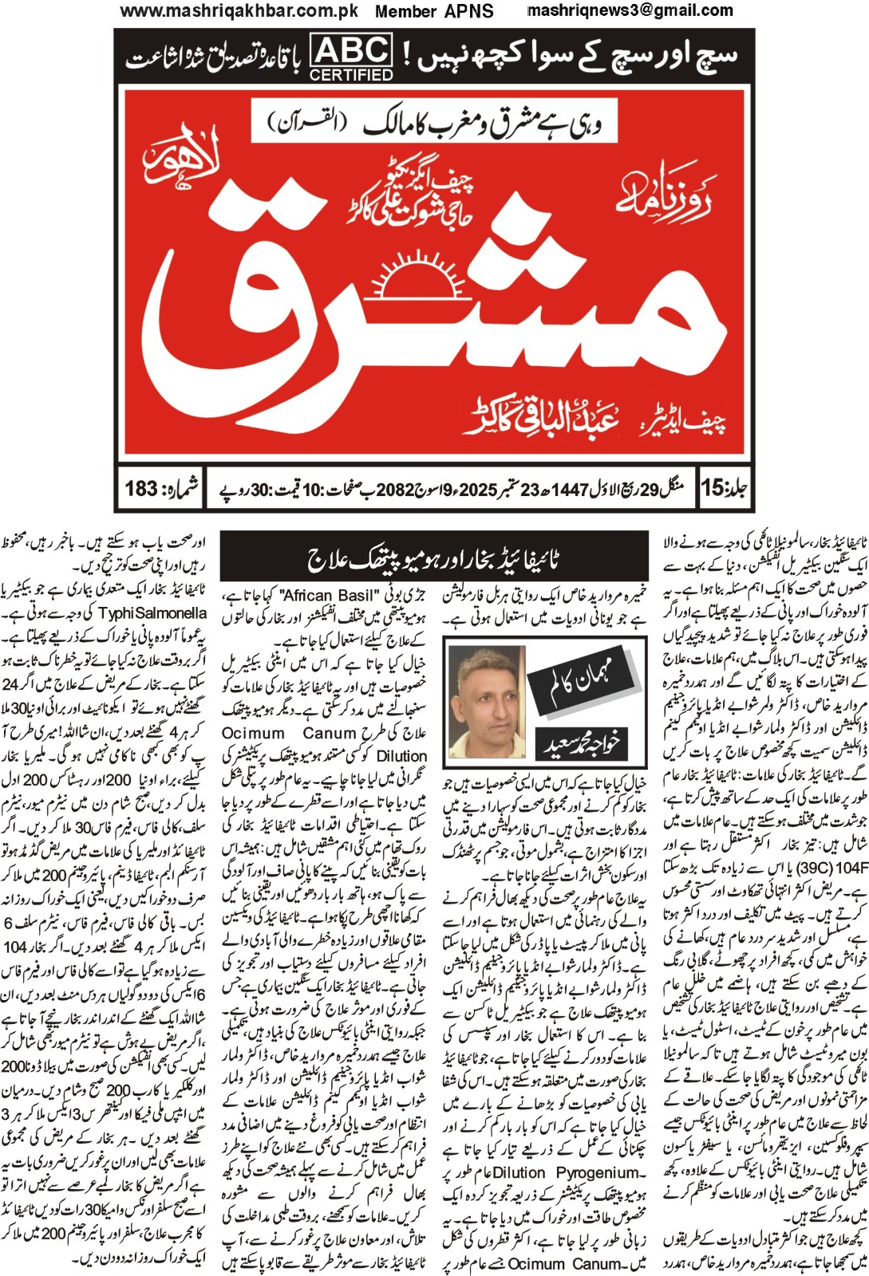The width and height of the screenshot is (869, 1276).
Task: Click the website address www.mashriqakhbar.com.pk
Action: (239, 11)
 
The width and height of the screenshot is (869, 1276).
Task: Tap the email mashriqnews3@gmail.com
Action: (630, 10)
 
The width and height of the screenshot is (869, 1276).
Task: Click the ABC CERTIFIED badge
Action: (351, 57)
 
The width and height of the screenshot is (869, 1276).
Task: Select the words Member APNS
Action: (434, 11)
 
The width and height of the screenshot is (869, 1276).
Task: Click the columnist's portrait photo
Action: (487, 701)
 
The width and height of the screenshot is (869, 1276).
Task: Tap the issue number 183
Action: (142, 487)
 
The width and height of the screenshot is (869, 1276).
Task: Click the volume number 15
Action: (714, 487)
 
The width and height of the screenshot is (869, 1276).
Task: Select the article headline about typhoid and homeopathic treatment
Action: (433, 559)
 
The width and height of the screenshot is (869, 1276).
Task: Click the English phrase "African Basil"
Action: (329, 596)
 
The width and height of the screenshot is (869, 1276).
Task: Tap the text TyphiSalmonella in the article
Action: (152, 613)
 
